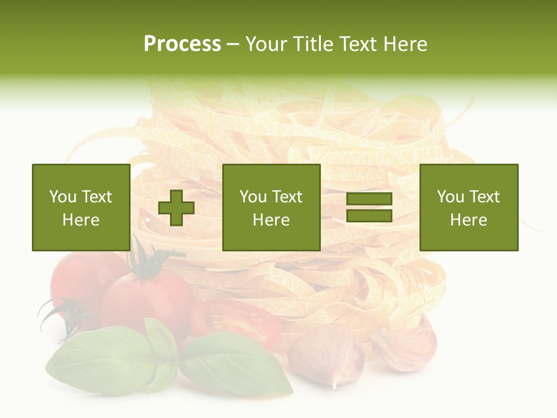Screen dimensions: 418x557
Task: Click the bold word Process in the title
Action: (182, 44)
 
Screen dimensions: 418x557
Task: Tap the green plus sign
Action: (176, 208)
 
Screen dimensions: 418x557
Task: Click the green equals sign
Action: (369, 208)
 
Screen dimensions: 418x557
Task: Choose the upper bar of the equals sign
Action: (369, 199)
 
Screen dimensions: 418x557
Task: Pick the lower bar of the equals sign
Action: (369, 216)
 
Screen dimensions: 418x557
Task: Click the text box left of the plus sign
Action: (81, 207)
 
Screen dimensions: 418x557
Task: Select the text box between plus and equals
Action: (271, 207)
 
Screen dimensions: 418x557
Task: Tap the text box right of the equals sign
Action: (468, 207)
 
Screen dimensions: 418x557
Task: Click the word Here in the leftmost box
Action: (81, 220)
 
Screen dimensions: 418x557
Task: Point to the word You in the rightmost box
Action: (450, 197)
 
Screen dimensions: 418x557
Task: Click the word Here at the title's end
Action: (404, 44)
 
